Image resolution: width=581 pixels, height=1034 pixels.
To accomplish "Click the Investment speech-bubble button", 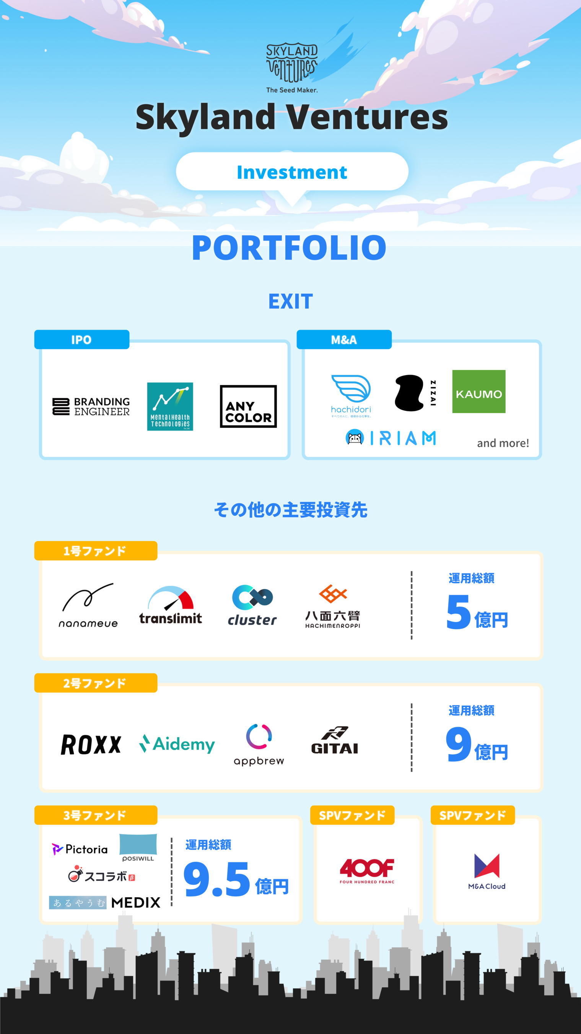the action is click(292, 172).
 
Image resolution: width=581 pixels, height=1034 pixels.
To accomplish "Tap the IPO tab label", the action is click(81, 340).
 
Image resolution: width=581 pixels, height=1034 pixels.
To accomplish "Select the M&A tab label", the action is click(343, 340).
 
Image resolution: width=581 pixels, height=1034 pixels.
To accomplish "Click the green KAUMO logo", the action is click(478, 391).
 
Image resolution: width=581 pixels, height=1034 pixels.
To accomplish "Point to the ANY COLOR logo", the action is click(248, 406).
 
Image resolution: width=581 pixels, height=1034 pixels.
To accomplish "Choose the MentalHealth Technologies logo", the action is click(170, 406).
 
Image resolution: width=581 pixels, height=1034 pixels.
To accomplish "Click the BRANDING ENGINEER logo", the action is click(91, 406).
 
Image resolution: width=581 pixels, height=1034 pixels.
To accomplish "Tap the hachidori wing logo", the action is click(351, 394).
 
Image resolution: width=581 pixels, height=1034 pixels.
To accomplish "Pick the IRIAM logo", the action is click(391, 438).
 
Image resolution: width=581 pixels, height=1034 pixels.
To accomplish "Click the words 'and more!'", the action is click(503, 443).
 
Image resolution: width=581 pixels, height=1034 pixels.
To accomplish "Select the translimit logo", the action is click(171, 605).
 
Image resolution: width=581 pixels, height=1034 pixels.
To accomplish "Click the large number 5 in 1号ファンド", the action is click(458, 612).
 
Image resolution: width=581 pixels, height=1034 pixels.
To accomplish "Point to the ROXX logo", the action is click(91, 744).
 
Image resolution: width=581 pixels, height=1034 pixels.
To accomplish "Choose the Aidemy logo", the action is click(177, 744).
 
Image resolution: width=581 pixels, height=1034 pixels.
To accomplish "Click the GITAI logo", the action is click(334, 741).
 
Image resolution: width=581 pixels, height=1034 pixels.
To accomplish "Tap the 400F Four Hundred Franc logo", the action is click(367, 870).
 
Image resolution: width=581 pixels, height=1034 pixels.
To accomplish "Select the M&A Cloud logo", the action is click(487, 871).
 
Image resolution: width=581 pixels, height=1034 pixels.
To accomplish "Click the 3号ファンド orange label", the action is click(95, 815).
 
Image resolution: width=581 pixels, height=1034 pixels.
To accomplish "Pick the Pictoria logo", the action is click(80, 849).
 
